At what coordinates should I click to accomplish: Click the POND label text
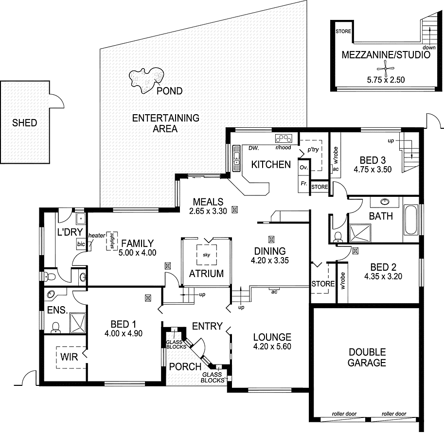tap(170, 91)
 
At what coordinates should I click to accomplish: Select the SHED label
tap(24, 123)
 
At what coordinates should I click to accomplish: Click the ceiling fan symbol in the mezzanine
tap(386, 69)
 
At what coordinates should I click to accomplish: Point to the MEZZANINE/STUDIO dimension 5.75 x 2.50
tap(386, 80)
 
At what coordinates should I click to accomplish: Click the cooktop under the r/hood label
tap(283, 138)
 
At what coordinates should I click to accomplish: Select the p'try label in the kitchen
tap(312, 150)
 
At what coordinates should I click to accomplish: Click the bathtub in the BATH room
tap(411, 219)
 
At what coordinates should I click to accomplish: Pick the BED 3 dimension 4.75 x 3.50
tap(373, 170)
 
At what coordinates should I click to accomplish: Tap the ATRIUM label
tap(207, 273)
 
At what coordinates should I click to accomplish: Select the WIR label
tap(69, 358)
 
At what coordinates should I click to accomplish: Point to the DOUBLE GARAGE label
tap(367, 357)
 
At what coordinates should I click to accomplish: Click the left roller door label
tap(344, 414)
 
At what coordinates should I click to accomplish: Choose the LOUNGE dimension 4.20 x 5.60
tap(272, 347)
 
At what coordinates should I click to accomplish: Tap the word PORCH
tap(185, 366)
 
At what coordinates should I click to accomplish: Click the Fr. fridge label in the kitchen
tap(303, 184)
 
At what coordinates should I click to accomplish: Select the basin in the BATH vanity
tap(385, 201)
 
